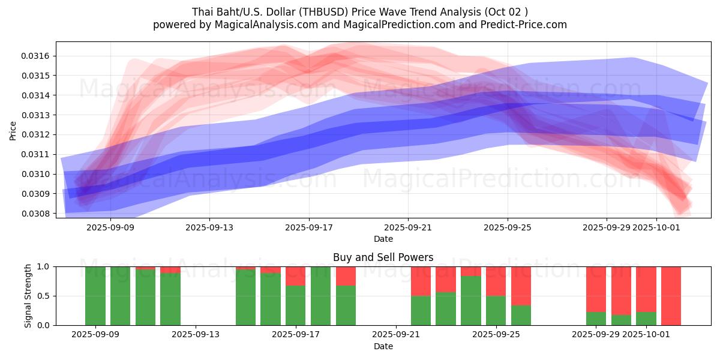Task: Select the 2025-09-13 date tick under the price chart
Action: point(209,227)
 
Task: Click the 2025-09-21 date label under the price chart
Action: point(408,227)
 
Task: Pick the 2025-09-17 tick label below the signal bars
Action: point(296,335)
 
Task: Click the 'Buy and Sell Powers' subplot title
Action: point(383,257)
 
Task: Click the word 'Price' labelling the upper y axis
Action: point(13,130)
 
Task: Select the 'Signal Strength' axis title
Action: point(28,296)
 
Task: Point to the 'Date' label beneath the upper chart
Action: point(383,239)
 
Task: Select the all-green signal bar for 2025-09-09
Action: point(95,296)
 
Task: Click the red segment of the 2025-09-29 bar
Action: point(596,288)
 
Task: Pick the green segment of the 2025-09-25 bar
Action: point(496,310)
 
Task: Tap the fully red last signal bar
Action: point(671,296)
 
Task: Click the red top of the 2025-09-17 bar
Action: point(296,276)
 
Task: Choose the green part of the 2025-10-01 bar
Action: point(646,319)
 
